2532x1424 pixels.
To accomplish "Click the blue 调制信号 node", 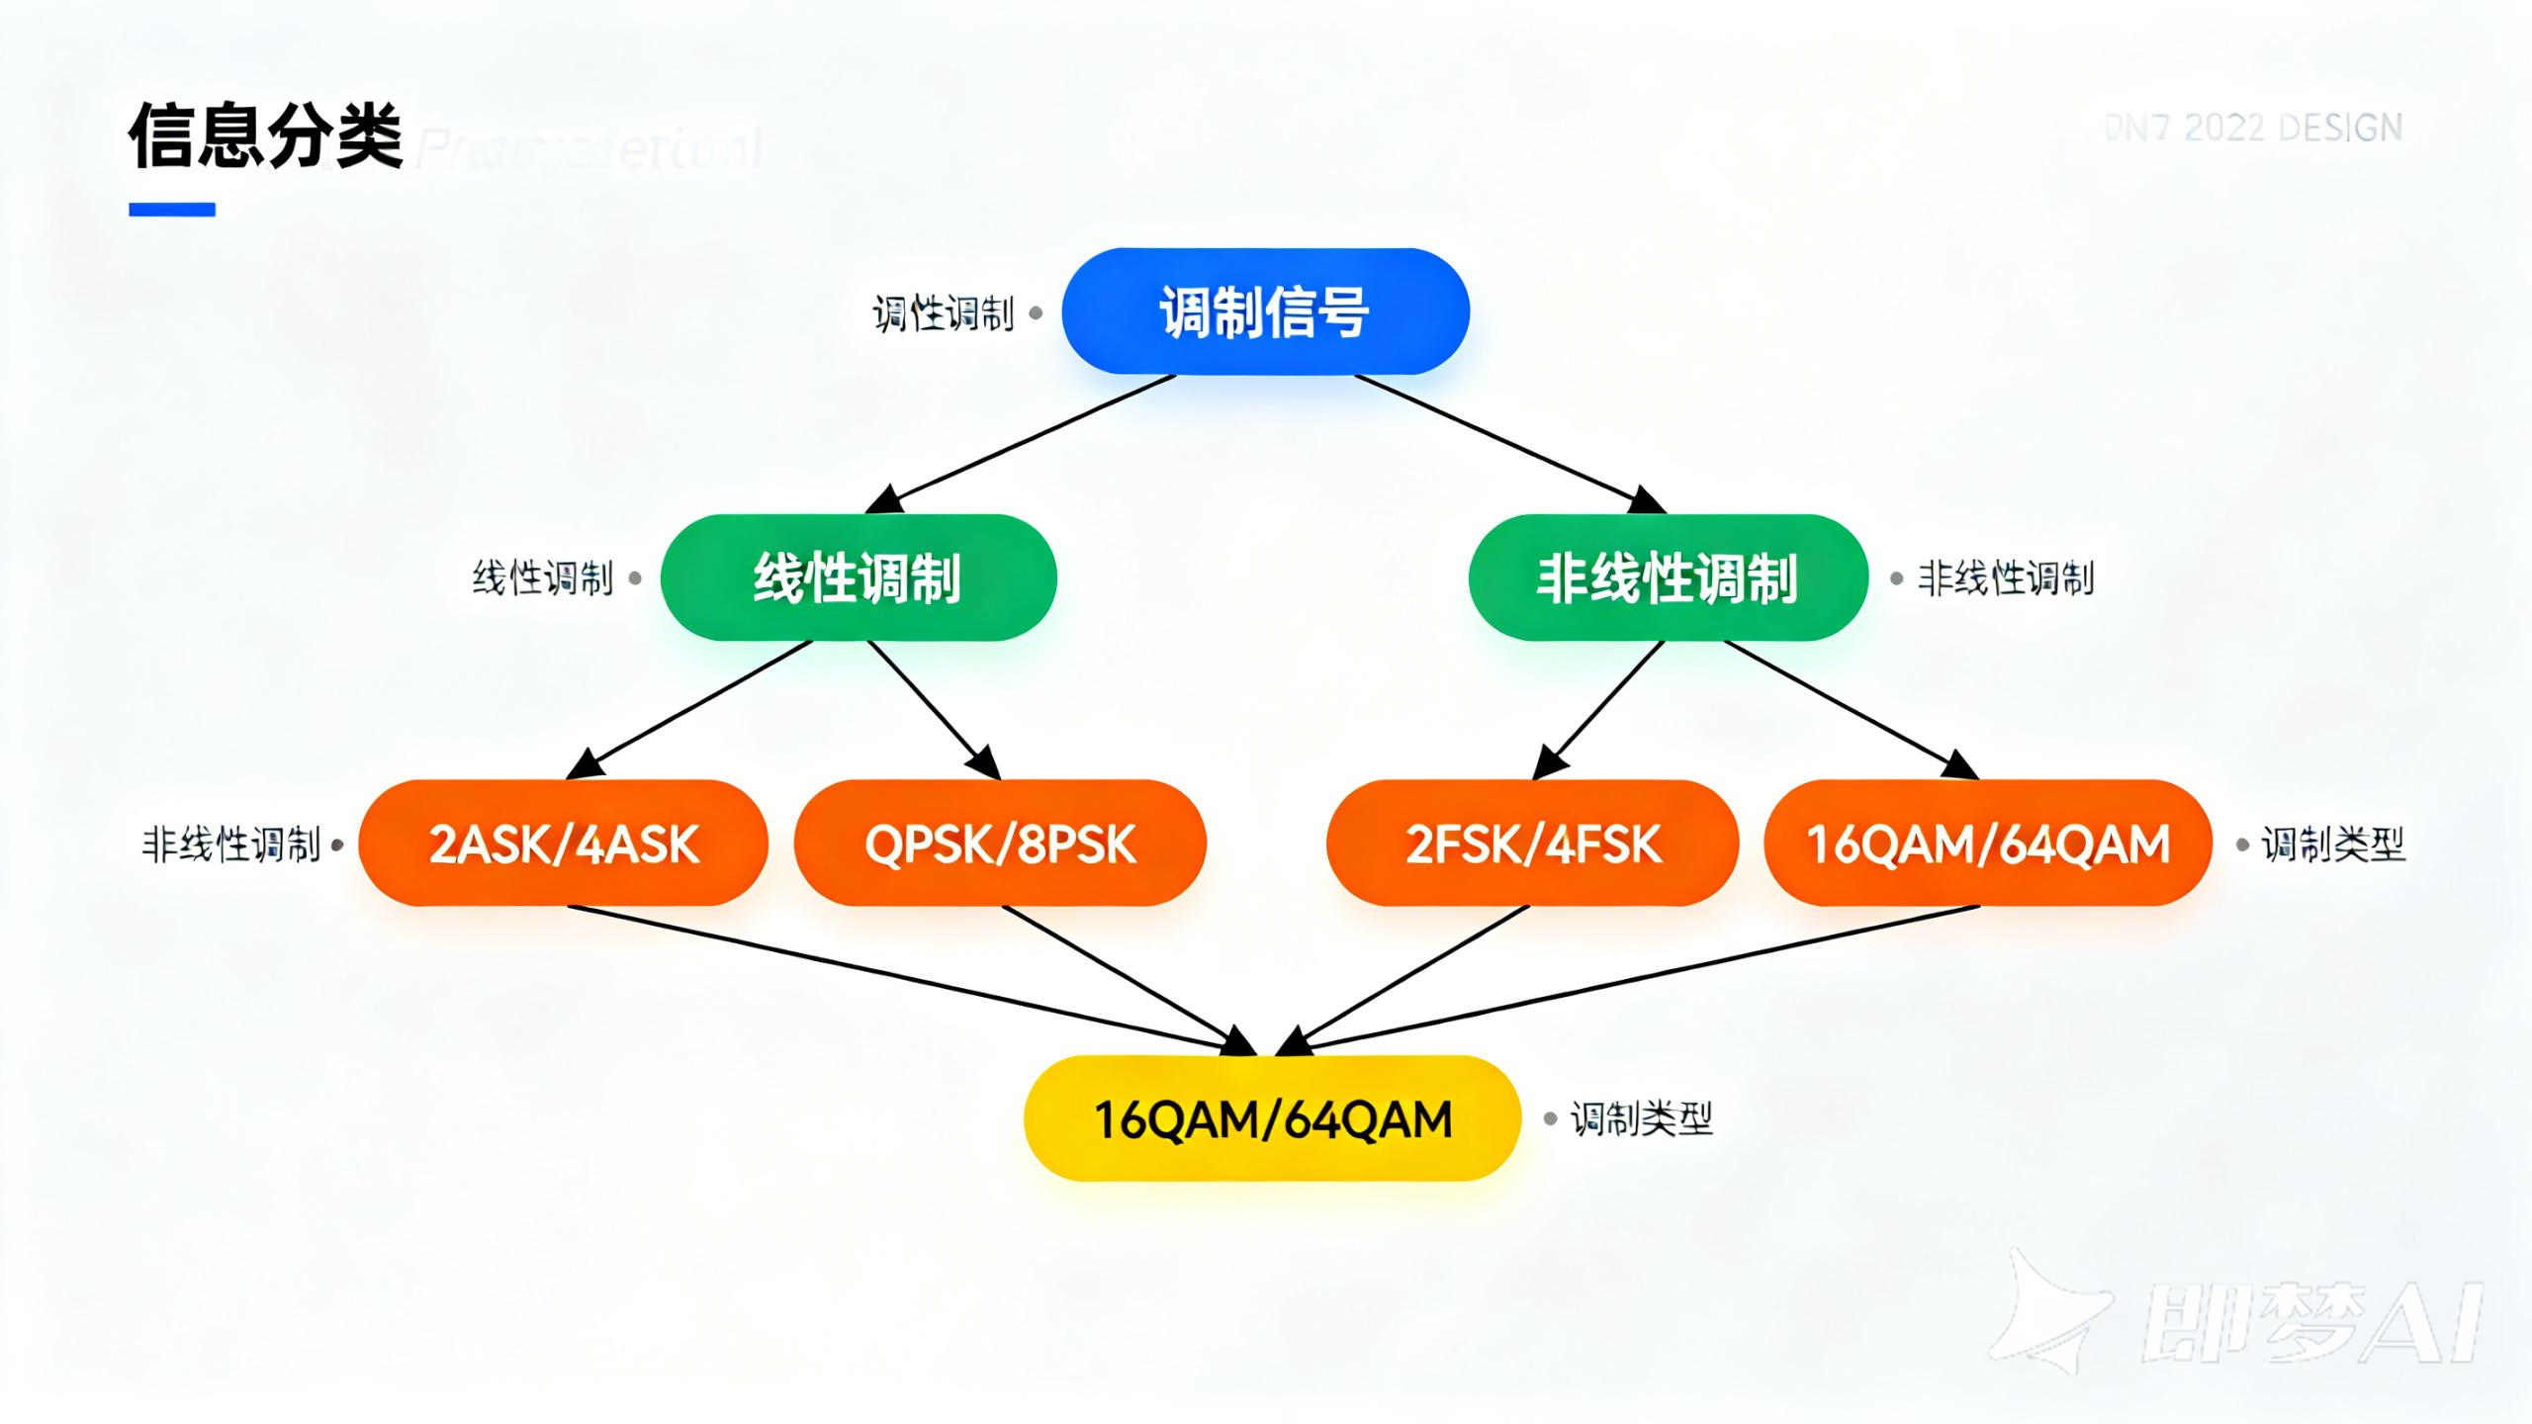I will tap(1265, 311).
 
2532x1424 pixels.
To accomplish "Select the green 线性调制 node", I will tap(858, 578).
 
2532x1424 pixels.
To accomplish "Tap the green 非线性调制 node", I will tap(1668, 578).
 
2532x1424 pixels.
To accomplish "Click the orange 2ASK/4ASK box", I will tap(563, 844).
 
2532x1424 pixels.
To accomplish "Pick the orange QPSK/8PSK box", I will tap(1000, 844).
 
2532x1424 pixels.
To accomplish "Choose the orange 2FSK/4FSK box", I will tap(1532, 844).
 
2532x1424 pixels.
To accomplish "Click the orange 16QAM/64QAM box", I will tap(1988, 844).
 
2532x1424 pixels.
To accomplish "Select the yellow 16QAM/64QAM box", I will tap(1272, 1118).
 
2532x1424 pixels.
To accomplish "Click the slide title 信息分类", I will tap(265, 135).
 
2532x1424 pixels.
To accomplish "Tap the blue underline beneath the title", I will tap(172, 210).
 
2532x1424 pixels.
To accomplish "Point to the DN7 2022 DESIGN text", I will tap(2253, 129).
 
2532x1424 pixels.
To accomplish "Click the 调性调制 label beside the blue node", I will tap(943, 314).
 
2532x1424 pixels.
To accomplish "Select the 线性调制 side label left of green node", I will tap(542, 578).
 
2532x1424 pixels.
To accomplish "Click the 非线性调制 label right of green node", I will tap(2006, 578).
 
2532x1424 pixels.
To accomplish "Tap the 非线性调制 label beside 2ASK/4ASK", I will tap(231, 845).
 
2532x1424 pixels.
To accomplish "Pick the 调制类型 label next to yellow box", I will tap(1642, 1119).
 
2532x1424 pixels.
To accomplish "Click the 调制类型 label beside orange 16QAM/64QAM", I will tap(2333, 845).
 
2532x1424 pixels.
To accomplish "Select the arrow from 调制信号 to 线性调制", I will tap(1029, 442).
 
